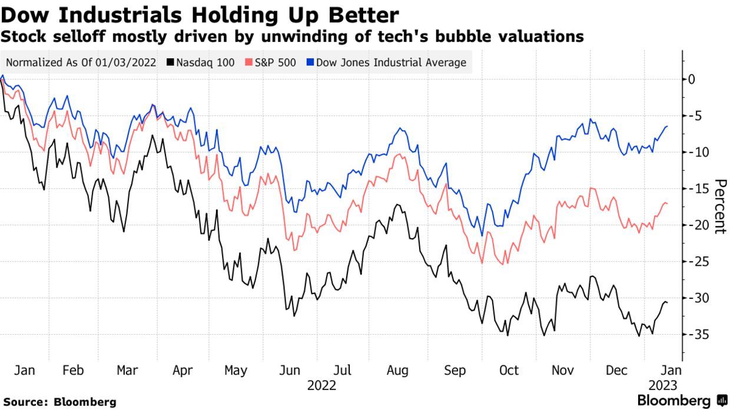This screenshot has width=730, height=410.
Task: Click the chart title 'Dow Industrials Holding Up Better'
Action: tap(200, 14)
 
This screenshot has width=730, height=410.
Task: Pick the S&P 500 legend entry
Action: tap(271, 62)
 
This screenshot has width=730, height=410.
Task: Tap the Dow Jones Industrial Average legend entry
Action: tap(386, 62)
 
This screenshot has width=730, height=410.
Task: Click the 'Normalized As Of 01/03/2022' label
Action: tap(81, 62)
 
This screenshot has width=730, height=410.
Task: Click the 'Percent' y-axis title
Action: tap(719, 206)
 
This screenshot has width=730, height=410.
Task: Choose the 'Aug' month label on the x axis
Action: tap(397, 371)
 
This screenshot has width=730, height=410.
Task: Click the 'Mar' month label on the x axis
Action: tap(127, 371)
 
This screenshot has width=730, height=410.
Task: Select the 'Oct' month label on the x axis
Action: tap(509, 371)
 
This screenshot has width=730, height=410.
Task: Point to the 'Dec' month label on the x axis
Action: tap(616, 371)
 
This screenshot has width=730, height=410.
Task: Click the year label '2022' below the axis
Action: tap(321, 386)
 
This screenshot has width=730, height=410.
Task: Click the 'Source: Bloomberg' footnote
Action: tap(59, 402)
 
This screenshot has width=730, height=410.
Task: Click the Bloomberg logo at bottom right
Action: tap(682, 401)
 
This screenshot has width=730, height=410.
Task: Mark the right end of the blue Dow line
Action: tap(667, 126)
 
